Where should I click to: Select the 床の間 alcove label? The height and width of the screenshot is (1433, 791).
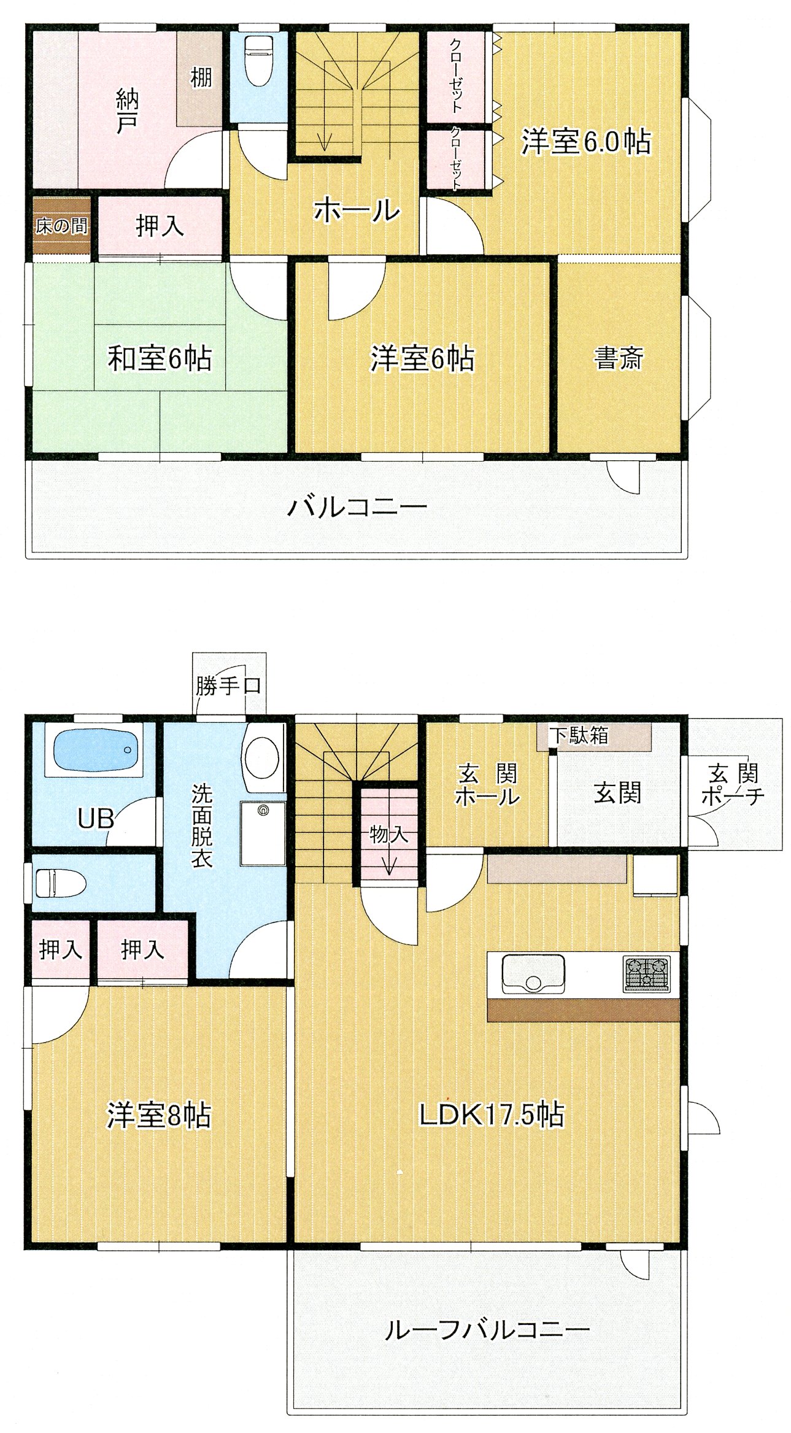pyautogui.click(x=61, y=226)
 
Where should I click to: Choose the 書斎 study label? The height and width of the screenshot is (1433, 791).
pyautogui.click(x=618, y=358)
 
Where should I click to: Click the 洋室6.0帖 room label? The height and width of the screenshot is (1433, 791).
pyautogui.click(x=586, y=142)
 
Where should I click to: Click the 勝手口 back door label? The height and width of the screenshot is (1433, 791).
pyautogui.click(x=228, y=685)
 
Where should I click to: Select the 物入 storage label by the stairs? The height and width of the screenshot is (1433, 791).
pyautogui.click(x=388, y=834)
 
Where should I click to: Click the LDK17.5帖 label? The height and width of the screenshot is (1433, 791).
pyautogui.click(x=491, y=1114)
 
